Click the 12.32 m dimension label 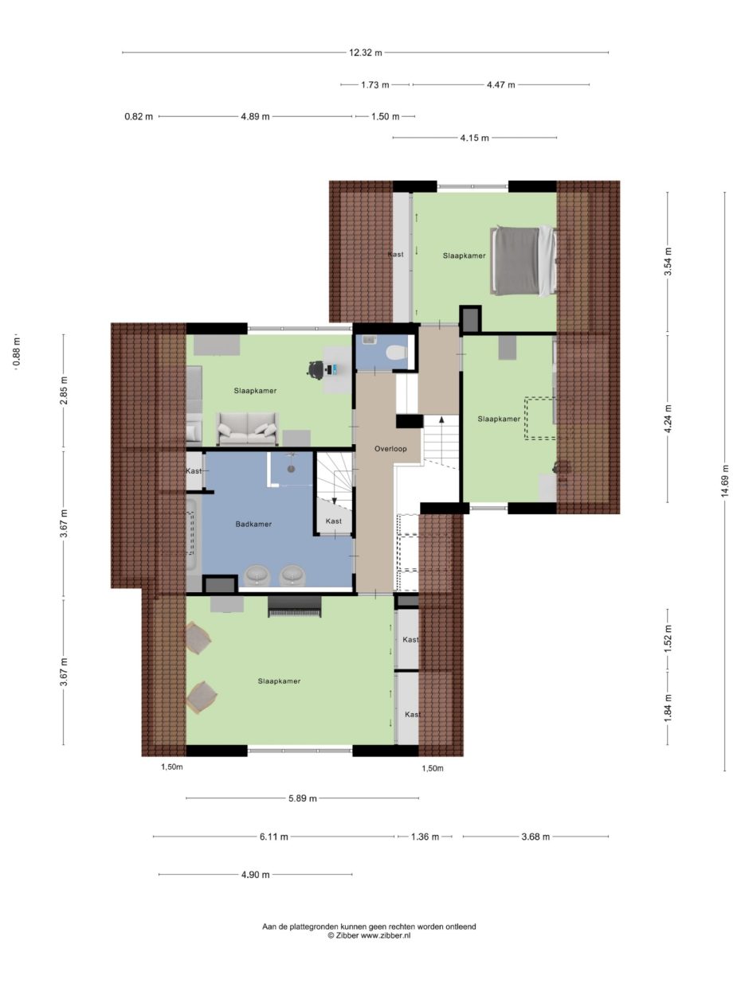click(366, 53)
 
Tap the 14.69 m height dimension click(725, 481)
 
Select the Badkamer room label click(253, 524)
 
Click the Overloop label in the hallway click(390, 448)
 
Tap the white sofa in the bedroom click(247, 428)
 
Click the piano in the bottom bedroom click(294, 607)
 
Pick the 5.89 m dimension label click(302, 798)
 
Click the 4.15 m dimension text click(474, 138)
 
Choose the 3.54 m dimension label click(668, 262)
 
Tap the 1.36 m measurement click(425, 837)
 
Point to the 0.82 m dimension click(139, 116)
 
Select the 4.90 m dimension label click(255, 875)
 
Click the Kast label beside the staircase click(333, 521)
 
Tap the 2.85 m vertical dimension click(64, 389)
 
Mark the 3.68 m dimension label click(535, 837)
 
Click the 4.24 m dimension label click(668, 419)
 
